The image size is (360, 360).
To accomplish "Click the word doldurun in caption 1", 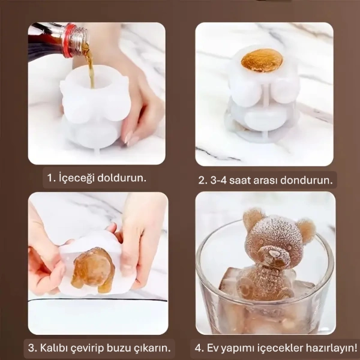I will pyautogui.click(x=124, y=178).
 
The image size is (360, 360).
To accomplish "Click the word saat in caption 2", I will pyautogui.click(x=246, y=179).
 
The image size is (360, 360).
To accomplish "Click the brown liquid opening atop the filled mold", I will pyautogui.click(x=262, y=61).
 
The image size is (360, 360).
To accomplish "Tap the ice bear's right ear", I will pyautogui.click(x=306, y=229).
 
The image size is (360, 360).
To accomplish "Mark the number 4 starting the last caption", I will pyautogui.click(x=199, y=347).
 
